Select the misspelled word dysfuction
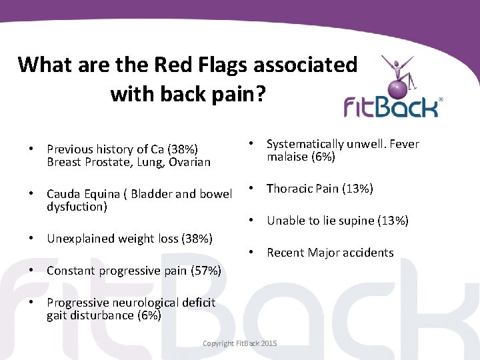pos(77,207)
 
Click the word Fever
pos(403,144)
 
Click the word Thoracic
pos(289,189)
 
